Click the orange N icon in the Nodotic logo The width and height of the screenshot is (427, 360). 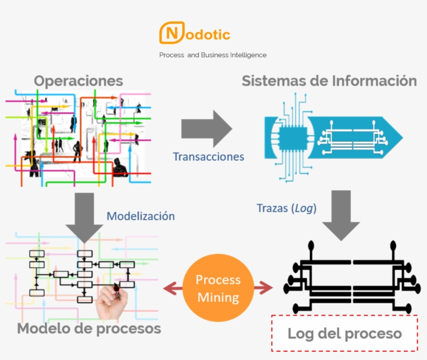[x=170, y=33]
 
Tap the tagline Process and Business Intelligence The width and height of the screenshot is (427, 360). [x=212, y=55]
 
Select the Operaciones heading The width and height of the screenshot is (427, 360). [x=79, y=81]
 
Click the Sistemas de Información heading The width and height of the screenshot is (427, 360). [x=329, y=81]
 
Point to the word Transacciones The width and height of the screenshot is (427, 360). [x=208, y=157]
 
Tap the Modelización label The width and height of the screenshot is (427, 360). [x=141, y=216]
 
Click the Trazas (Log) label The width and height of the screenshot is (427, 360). [x=287, y=208]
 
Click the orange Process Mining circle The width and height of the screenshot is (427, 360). [x=218, y=289]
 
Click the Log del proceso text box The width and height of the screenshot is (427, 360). [x=345, y=333]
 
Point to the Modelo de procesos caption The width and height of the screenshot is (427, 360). [x=89, y=329]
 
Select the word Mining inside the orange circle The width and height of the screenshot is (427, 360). [x=218, y=298]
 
